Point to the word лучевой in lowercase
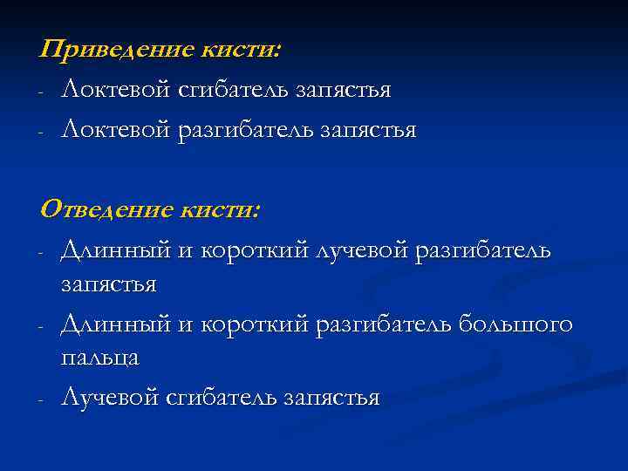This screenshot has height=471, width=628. [x=364, y=251]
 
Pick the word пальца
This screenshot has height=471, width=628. [x=99, y=358]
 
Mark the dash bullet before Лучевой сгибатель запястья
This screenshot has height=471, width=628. [x=41, y=399]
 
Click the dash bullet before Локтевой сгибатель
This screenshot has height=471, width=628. [x=41, y=92]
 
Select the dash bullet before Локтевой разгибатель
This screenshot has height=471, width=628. [x=41, y=132]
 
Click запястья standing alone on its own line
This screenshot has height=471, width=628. [x=108, y=284]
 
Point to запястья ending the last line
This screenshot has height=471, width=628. [x=332, y=398]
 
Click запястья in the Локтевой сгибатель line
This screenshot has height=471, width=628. [x=344, y=90]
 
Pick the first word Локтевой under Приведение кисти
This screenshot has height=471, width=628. [x=114, y=90]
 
